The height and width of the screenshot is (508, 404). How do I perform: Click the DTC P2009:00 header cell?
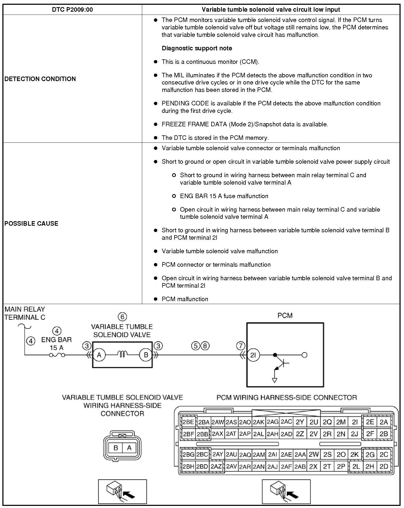click(x=72, y=10)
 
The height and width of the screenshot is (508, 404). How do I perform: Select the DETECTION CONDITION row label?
click(x=40, y=79)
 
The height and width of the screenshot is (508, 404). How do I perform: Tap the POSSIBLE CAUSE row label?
click(x=31, y=223)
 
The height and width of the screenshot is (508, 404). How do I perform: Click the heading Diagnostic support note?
click(x=197, y=48)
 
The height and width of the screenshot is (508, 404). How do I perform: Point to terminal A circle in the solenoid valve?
click(x=99, y=355)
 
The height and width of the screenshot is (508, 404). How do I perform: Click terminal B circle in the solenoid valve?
click(x=146, y=355)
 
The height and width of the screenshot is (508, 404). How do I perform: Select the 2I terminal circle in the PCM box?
click(x=253, y=355)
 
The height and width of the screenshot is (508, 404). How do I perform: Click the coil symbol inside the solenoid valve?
click(x=123, y=354)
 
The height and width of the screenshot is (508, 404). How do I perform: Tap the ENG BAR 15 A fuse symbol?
click(x=57, y=355)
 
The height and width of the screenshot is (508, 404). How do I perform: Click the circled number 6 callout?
click(x=122, y=317)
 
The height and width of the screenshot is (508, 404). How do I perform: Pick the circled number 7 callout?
click(x=240, y=346)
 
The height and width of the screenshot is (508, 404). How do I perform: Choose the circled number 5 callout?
click(x=196, y=346)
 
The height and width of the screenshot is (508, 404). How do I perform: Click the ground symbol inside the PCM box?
click(x=275, y=380)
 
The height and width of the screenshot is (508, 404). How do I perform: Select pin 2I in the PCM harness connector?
click(x=354, y=422)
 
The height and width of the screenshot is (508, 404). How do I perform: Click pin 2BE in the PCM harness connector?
click(x=188, y=422)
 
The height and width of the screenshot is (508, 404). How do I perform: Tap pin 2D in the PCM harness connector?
click(x=384, y=467)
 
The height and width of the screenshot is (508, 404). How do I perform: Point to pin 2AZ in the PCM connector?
click(x=216, y=467)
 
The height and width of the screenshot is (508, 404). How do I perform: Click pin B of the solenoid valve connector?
click(x=116, y=448)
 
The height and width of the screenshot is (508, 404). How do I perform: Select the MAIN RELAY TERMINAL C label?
click(x=25, y=313)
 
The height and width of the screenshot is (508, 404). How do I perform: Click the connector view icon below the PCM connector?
click(x=286, y=491)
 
